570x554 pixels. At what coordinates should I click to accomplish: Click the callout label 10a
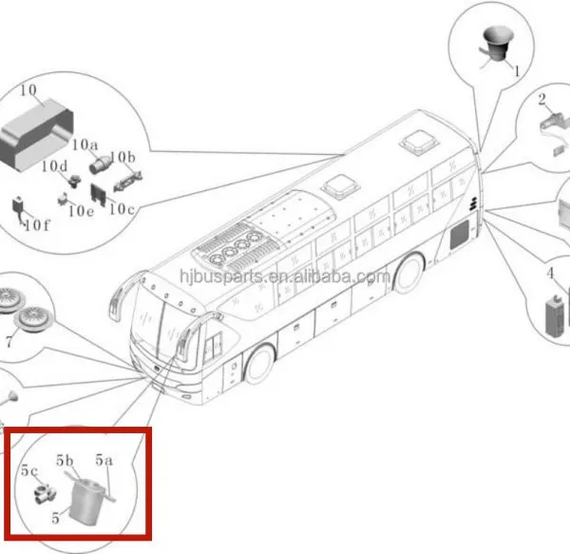coord(85,144)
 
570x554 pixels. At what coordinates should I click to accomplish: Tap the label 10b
coord(123,157)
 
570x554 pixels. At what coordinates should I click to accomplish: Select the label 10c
coord(123,209)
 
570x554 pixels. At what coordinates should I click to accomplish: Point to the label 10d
coord(54,166)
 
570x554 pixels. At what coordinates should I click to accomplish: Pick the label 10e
coord(82,211)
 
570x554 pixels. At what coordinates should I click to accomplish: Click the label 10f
coord(37,225)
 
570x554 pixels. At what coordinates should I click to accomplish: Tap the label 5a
coord(104,460)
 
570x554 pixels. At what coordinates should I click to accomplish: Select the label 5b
coord(65,460)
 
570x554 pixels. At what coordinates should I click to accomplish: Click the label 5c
coord(29,470)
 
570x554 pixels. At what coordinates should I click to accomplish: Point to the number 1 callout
coord(517,71)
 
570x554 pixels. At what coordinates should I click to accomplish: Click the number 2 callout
coord(541,99)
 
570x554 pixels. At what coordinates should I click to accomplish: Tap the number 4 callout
coord(550,273)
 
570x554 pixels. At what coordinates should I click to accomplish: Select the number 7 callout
coord(9,342)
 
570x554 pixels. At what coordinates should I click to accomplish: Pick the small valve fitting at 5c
coord(45,493)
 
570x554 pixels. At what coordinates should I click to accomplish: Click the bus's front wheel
coord(259,365)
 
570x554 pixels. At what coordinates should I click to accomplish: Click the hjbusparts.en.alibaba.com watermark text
coord(285,277)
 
